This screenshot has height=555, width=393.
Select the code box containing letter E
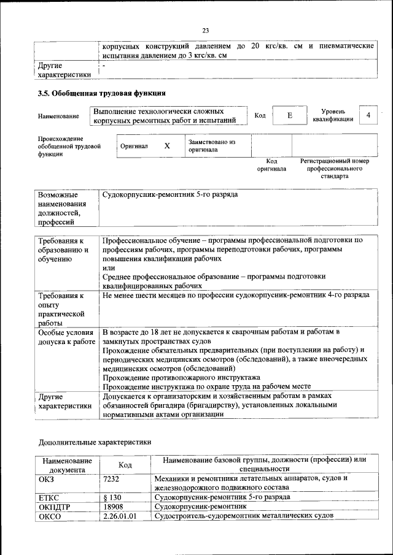tap(289, 115)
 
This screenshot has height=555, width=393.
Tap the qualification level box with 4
tap(368, 115)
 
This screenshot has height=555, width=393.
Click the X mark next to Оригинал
tap(167, 147)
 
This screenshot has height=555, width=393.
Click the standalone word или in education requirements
tap(108, 268)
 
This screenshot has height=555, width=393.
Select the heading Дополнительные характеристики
tap(95, 442)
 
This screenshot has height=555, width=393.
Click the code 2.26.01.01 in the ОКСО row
tap(120, 516)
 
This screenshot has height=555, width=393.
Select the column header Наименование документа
tap(67, 464)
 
